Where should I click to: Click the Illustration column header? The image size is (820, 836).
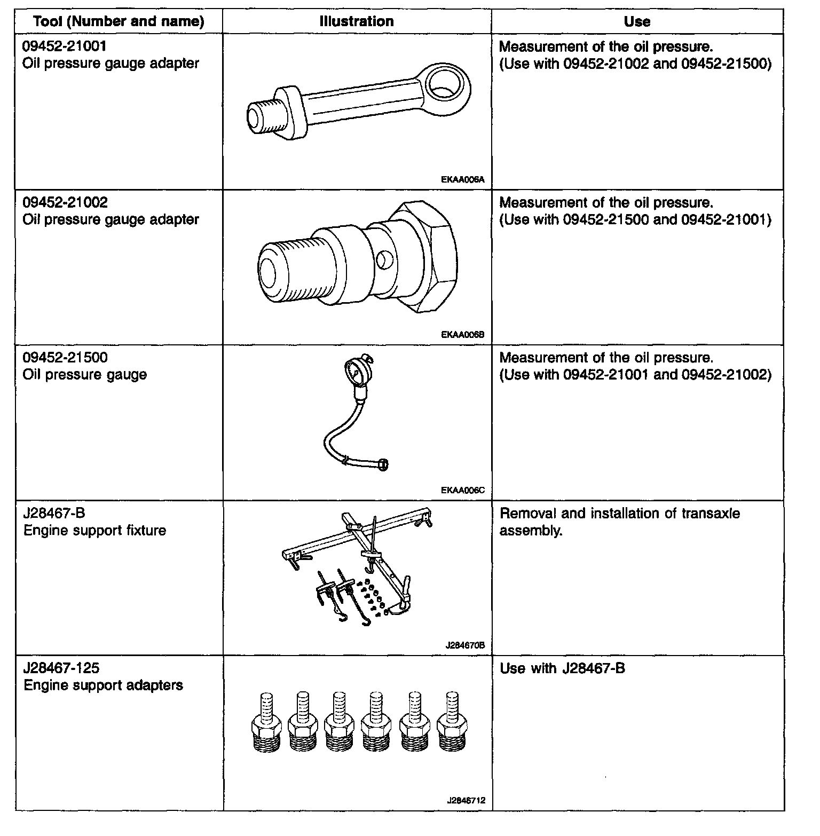(x=357, y=21)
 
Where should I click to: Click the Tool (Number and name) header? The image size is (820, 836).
(x=119, y=22)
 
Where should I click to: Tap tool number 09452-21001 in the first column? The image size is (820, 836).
(x=64, y=46)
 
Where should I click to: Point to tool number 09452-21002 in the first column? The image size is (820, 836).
(x=65, y=202)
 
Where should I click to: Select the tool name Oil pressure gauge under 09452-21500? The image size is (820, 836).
(x=84, y=375)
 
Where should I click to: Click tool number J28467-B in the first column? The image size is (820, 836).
(x=54, y=513)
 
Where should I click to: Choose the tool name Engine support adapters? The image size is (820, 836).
(x=103, y=685)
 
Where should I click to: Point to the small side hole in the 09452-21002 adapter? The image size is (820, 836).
(x=383, y=260)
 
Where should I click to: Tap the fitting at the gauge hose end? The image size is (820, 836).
(x=383, y=464)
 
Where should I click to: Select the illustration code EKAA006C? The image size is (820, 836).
(x=462, y=490)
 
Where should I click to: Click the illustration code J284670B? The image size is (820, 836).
(x=464, y=645)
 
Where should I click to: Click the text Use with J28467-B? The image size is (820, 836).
(x=562, y=668)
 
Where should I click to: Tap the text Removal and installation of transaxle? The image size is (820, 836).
(x=619, y=514)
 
